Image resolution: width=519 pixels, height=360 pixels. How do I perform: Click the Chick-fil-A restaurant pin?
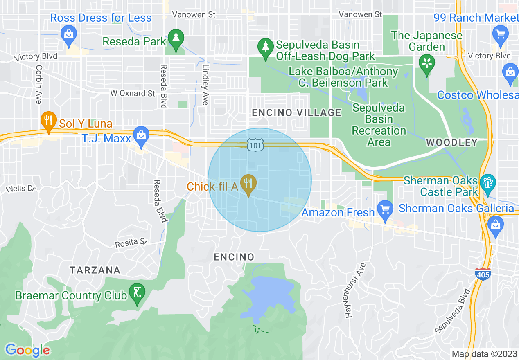(x=248, y=184)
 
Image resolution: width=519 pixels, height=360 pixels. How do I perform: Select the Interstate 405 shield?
(x=483, y=274)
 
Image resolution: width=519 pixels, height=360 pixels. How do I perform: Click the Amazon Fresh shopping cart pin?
(x=385, y=209)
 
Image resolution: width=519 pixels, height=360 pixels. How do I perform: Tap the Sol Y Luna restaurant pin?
(x=48, y=121)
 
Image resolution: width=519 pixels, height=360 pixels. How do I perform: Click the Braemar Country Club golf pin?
(x=137, y=293)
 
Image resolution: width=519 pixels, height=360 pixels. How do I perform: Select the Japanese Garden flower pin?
(x=427, y=64)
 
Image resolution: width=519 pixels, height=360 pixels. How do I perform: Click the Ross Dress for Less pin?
(x=69, y=34)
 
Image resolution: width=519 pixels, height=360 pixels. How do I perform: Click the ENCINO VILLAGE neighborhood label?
(x=296, y=112)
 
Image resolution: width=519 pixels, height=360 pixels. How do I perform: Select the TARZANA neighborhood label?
(x=95, y=270)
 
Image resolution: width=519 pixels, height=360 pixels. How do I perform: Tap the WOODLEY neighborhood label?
(x=451, y=142)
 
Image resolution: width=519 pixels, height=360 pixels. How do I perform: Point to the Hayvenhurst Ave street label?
(x=354, y=290)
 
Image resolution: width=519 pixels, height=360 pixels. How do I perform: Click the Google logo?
(x=27, y=350)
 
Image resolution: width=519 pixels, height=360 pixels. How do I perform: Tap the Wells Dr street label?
(x=21, y=189)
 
